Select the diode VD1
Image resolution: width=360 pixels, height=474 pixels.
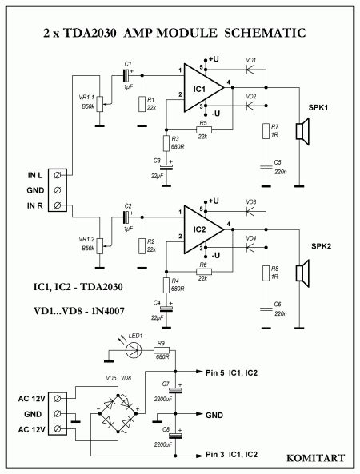coord(250,69)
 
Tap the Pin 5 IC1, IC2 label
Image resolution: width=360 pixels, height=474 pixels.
coord(231,372)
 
